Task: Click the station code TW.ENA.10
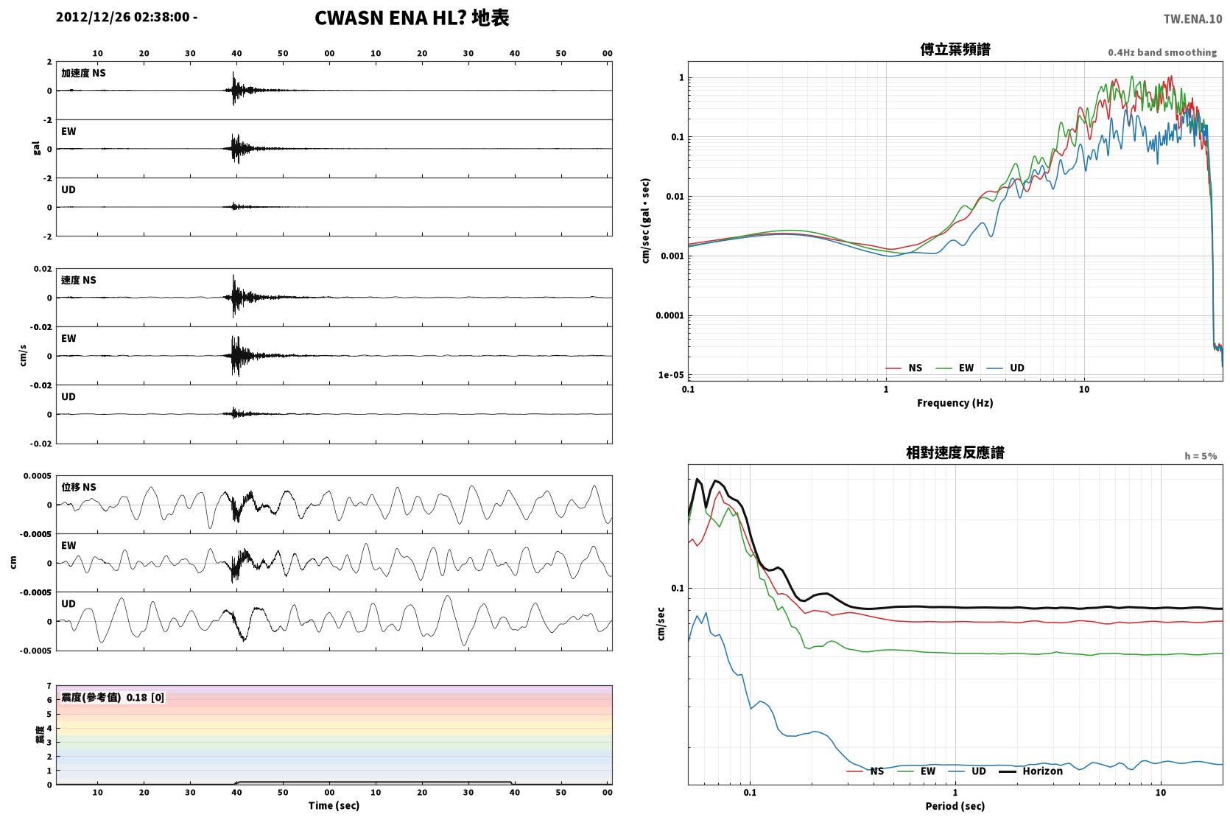coord(1192,19)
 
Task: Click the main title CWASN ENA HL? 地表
coord(412,18)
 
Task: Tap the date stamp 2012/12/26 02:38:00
coord(123,17)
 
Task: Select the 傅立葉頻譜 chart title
coord(955,49)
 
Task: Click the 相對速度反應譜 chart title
coord(955,452)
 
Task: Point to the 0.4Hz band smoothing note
coord(1162,53)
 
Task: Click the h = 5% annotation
coord(1201,456)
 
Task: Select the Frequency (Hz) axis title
coord(955,403)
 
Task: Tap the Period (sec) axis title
coord(955,806)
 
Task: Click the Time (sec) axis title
coord(334,806)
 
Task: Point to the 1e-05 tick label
coord(671,375)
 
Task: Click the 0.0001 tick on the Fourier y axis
coord(670,315)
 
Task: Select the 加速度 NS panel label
coord(83,73)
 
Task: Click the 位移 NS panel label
coord(79,487)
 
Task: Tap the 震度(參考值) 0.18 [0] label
coord(113,698)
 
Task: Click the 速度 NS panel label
coord(79,280)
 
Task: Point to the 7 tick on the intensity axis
coord(49,686)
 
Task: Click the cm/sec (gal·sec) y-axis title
coord(646,221)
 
